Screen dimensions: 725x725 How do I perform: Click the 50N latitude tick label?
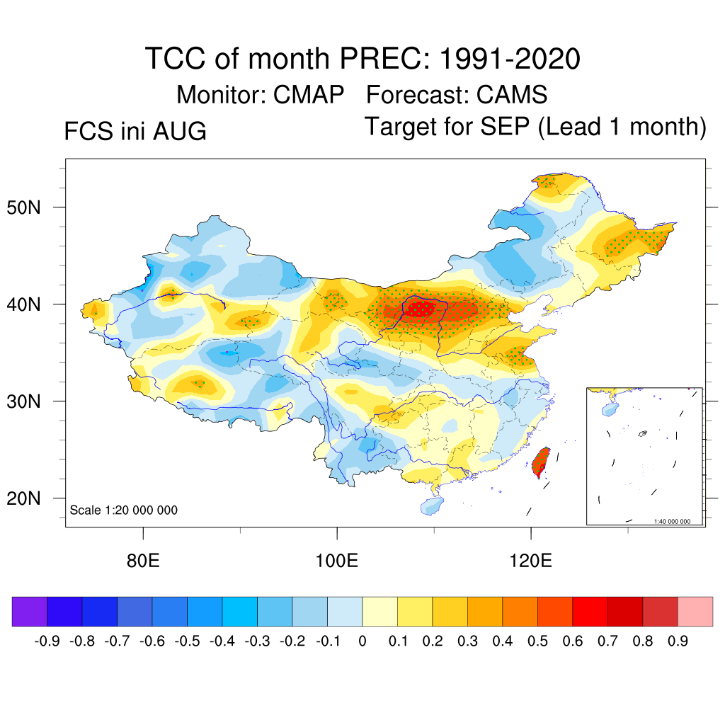tap(23, 207)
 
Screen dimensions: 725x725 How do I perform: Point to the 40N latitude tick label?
tap(23, 304)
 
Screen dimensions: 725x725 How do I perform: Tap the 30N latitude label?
tap(23, 401)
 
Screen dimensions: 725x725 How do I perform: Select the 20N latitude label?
tap(23, 498)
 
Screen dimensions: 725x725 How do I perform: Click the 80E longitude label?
tap(143, 561)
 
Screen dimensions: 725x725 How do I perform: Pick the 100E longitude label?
tap(336, 561)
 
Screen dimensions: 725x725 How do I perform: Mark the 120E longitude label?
tap(530, 561)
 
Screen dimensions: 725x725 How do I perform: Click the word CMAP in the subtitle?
tap(309, 95)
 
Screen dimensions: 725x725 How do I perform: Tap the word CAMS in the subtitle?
tap(512, 95)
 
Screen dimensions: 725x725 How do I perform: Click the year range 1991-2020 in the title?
tap(510, 59)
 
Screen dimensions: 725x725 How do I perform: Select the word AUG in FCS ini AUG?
tap(179, 131)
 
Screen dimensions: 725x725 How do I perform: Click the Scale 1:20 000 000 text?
tap(123, 510)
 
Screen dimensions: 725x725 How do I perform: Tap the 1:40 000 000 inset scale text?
tap(672, 522)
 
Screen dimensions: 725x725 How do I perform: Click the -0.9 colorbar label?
tap(47, 641)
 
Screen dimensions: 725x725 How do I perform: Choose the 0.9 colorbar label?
tap(678, 641)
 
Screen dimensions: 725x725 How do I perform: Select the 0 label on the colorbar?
tap(362, 641)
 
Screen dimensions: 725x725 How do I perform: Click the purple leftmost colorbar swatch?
tap(30, 612)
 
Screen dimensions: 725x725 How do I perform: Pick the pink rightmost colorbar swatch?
tap(695, 612)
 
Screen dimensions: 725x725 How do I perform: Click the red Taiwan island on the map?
tap(541, 462)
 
